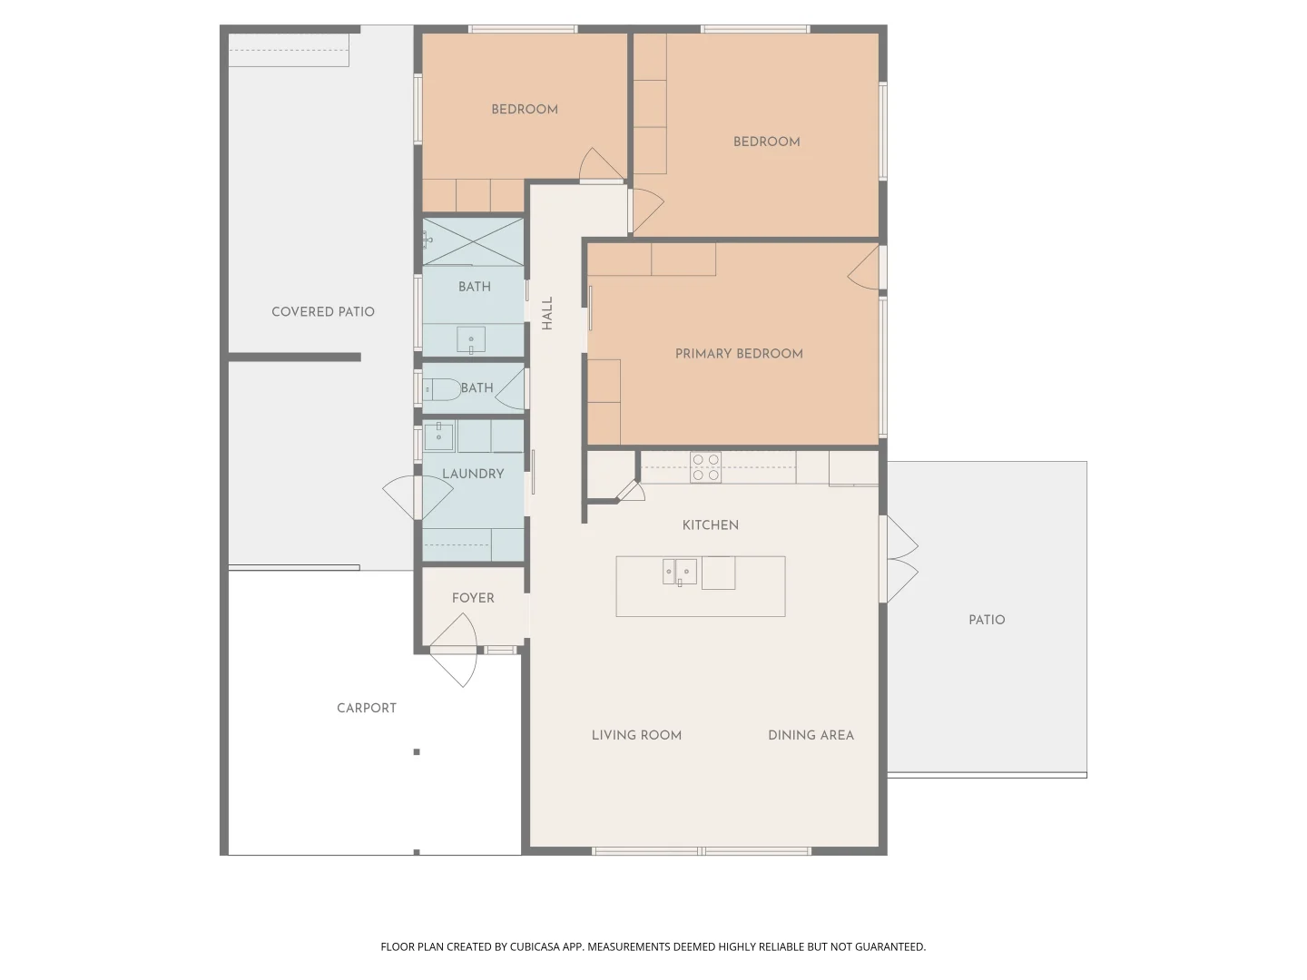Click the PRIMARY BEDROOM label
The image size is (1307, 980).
tap(738, 354)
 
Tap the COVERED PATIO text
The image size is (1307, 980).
tap(323, 312)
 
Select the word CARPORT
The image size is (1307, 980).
tap(366, 708)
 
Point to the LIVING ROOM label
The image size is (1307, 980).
tap(636, 735)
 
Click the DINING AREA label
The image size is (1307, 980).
tap(811, 735)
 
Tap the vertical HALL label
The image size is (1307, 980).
tap(547, 313)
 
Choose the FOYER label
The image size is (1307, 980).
tap(473, 598)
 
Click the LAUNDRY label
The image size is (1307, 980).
tap(473, 474)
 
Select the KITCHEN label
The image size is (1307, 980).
tap(711, 524)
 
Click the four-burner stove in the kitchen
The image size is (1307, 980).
tap(705, 467)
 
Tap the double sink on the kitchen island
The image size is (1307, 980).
tap(680, 572)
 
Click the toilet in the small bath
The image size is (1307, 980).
tap(442, 390)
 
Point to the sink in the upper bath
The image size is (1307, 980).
tap(471, 339)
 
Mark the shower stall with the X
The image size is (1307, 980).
tap(473, 241)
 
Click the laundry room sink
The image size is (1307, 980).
tap(438, 436)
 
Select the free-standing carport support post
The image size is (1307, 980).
tap(417, 751)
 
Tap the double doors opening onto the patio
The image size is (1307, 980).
tap(899, 559)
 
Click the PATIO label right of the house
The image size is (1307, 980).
tap(987, 620)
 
